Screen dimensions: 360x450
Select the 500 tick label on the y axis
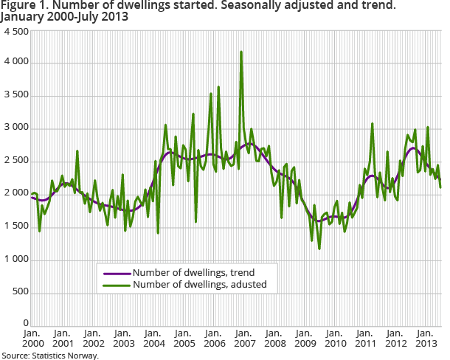20,292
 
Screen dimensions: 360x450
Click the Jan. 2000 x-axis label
32,339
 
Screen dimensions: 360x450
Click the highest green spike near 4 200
241,52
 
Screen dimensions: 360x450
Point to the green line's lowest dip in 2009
319,249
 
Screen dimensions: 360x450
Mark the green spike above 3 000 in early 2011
373,123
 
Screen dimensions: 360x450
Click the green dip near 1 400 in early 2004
158,234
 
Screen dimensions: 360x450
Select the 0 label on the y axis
26,324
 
